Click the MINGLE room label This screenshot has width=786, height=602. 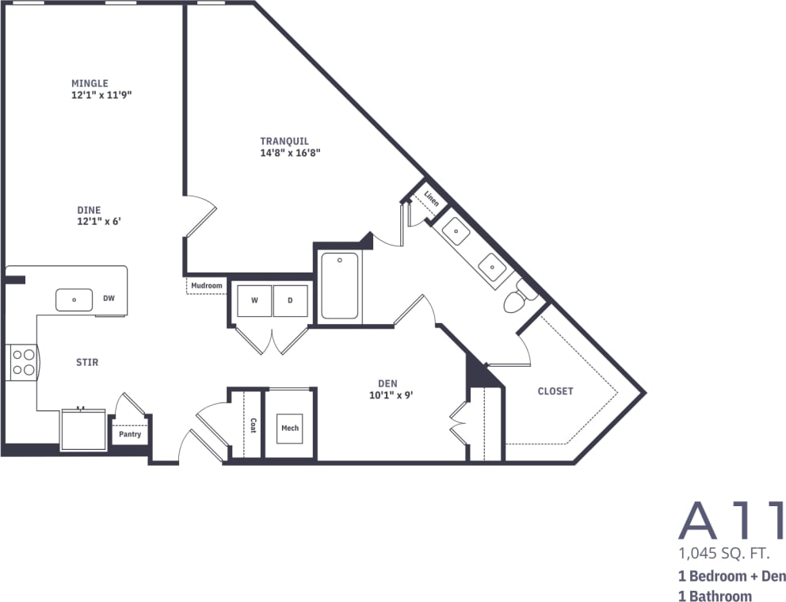pos(90,83)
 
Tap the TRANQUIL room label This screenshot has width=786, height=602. pos(284,141)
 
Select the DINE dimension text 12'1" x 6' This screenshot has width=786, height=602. pos(98,221)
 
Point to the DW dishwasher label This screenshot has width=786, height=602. pos(109,299)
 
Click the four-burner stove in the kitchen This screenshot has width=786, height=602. pos(23,362)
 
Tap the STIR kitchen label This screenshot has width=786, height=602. pos(87,362)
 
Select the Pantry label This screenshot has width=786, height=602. pos(130,434)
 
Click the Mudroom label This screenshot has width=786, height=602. pos(206,285)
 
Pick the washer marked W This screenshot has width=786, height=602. pos(254,300)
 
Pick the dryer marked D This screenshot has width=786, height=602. pos(290,300)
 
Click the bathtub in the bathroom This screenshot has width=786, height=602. pos(339,285)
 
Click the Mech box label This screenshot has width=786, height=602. pos(290,429)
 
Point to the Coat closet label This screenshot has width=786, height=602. pos(253,425)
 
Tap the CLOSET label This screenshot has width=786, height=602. pos(555,391)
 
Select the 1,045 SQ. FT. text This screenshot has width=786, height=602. pos(723,551)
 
